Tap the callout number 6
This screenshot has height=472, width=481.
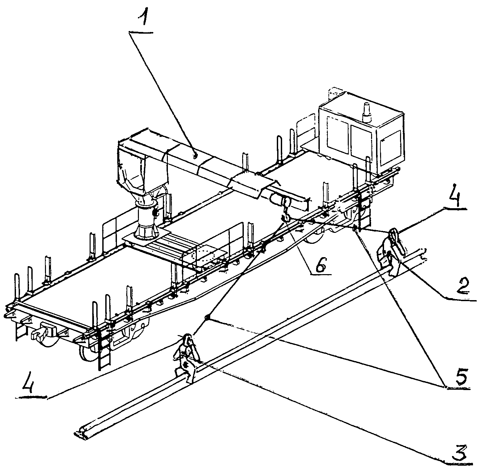[x=319, y=265]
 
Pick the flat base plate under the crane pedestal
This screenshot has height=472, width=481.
[x=147, y=239]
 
